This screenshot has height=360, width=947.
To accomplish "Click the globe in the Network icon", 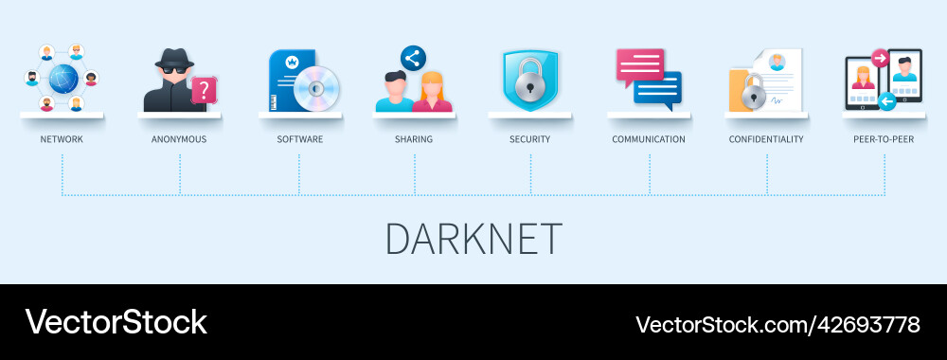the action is (62, 77).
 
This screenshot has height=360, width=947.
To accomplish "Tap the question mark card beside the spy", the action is (204, 90).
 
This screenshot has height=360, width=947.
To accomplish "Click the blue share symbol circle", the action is (413, 58).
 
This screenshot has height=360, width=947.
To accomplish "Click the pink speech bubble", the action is (640, 65).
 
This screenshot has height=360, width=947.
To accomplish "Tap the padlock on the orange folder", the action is (753, 92).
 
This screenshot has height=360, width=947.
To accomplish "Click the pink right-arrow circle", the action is (879, 59).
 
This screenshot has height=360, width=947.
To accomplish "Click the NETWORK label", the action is (62, 139).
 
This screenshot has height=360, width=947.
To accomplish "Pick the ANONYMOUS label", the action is (179, 139).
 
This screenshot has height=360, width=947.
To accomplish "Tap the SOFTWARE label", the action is (299, 139).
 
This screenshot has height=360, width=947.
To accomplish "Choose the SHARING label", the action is (414, 139).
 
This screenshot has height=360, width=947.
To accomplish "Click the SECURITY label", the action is (529, 139).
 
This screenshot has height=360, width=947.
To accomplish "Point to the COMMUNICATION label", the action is (649, 139).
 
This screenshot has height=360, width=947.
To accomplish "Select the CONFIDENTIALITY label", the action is (766, 139).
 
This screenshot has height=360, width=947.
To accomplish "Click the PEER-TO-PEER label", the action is (884, 139).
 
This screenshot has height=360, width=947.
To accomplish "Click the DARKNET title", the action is (473, 239).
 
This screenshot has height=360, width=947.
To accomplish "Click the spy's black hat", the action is (177, 59).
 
